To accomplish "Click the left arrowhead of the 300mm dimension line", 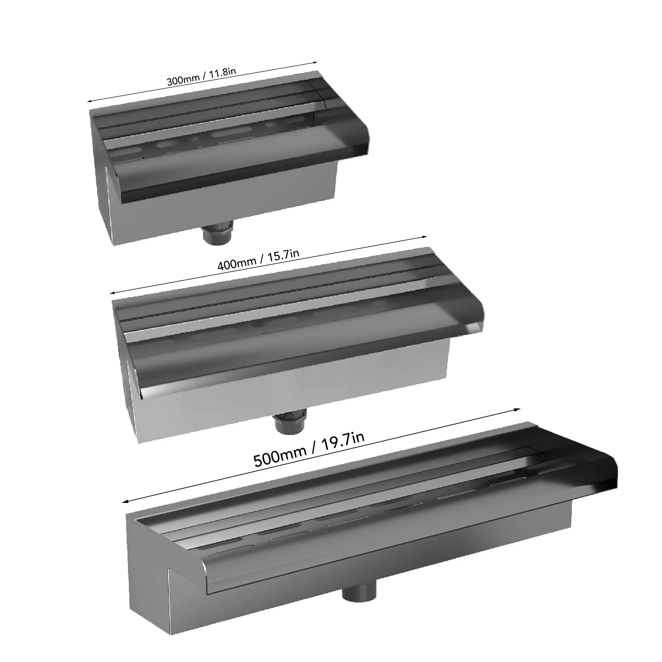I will point(89,100).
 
